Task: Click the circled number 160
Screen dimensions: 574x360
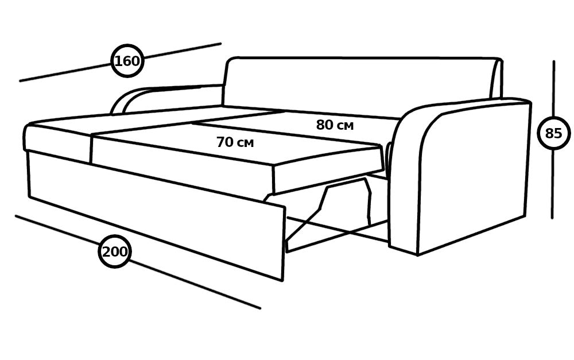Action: tap(127, 61)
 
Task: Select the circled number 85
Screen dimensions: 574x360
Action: tap(553, 133)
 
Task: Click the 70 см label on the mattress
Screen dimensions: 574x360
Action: tap(235, 142)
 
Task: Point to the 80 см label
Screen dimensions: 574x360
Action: tap(335, 125)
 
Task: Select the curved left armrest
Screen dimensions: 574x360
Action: tap(165, 98)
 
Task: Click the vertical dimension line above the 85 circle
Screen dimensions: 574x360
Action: tap(553, 88)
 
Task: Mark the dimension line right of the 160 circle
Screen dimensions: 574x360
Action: tap(182, 51)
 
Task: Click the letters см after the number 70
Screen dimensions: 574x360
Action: tap(245, 143)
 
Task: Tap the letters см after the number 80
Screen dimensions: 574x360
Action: tap(344, 126)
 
